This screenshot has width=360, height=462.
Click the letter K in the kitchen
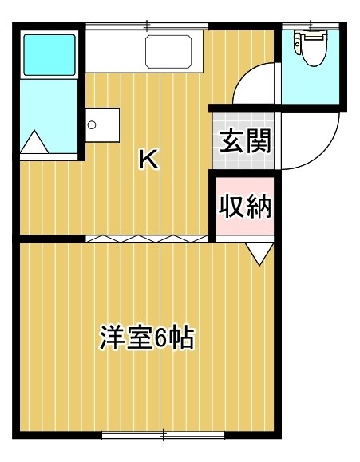(x=149, y=160)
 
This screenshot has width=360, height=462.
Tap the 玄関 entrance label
(x=246, y=141)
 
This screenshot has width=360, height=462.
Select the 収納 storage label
(x=245, y=206)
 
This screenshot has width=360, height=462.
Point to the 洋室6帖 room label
(x=147, y=337)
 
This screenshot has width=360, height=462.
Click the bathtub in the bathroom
(x=49, y=55)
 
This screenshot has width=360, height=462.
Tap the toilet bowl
(x=315, y=50)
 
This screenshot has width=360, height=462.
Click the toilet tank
(x=298, y=44)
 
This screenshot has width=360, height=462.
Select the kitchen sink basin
(x=168, y=52)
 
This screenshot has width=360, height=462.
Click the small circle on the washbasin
(x=92, y=125)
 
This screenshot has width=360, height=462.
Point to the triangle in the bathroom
(x=34, y=142)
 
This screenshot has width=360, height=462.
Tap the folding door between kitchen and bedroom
(x=147, y=239)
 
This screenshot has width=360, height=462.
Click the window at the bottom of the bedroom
(x=163, y=435)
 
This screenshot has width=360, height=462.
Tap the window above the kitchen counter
(x=147, y=26)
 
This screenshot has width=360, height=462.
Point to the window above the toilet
(x=311, y=26)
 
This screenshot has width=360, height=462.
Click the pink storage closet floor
(x=245, y=206)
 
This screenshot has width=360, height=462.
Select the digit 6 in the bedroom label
(x=160, y=338)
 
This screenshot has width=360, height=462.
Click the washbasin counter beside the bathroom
(x=103, y=125)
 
